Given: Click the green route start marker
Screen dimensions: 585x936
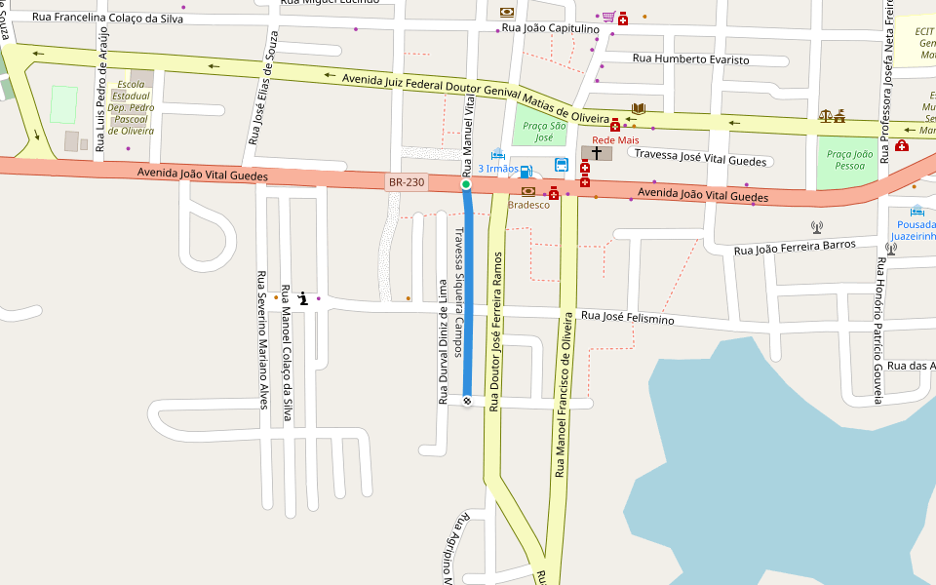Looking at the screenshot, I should pos(466,184).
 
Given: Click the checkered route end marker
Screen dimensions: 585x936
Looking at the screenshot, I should pos(467,401).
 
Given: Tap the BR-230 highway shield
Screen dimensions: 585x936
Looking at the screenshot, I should pos(407,182).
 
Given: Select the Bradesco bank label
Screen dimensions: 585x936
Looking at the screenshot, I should pos(529,205).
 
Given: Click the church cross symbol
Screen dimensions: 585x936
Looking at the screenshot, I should pos(597,153).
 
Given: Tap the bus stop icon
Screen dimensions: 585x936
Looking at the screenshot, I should pos(562,164).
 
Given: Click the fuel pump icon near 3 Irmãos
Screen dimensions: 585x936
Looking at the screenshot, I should pos(526,172).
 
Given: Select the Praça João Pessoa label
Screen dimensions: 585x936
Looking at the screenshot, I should pos(849,160).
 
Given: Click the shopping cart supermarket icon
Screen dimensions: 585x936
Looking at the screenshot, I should pos(608,17).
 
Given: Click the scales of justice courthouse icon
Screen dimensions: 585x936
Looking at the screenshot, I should pos(826,116).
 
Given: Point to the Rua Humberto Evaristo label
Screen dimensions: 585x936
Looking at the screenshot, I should pos(691,59).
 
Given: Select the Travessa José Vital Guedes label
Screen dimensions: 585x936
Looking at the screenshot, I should pos(702,154).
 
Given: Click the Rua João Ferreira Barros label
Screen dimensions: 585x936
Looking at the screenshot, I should pos(794,248).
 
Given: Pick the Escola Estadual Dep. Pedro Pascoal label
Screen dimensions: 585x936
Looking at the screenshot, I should pos(131,107).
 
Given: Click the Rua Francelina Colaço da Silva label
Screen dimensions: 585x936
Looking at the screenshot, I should pos(107,18).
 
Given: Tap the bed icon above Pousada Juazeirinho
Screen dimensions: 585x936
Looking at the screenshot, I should pos(916,211).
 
